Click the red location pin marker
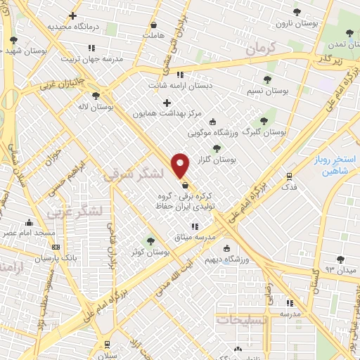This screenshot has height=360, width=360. (x=181, y=165)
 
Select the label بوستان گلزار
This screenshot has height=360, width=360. (x=218, y=160)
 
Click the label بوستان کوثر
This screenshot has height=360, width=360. (x=146, y=252)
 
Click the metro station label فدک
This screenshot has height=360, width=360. (x=288, y=187)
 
